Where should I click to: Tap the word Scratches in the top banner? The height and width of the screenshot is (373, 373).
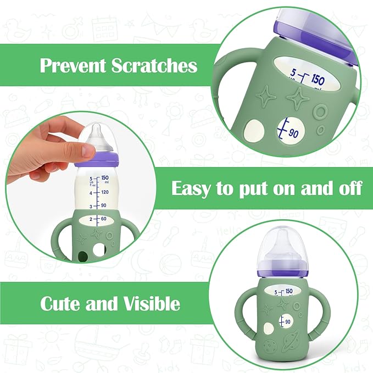154,66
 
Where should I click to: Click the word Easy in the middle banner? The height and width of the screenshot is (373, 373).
191,188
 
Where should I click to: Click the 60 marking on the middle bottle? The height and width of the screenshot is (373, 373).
102,219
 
